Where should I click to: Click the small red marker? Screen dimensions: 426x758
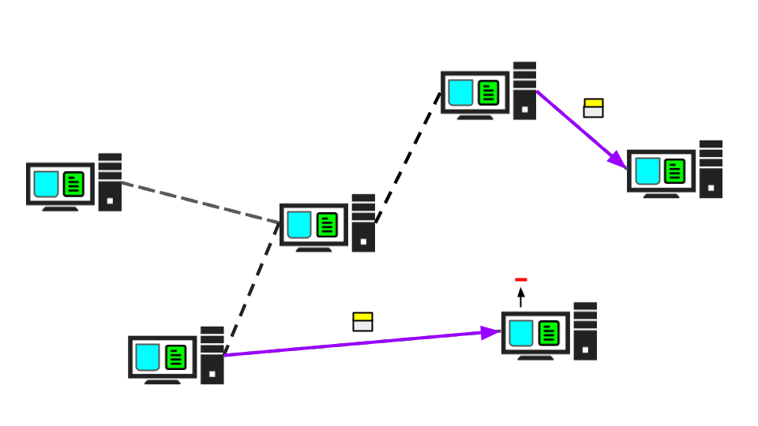(x=521, y=279)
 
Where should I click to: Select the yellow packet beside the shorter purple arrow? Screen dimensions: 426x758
(x=594, y=103)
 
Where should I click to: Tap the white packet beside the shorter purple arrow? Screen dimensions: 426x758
(x=594, y=112)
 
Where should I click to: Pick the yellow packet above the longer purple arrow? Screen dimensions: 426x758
(x=362, y=316)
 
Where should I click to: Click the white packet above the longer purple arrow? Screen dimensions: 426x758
(x=362, y=326)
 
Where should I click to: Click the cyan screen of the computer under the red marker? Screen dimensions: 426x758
(x=521, y=333)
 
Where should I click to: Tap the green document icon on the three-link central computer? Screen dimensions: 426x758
(x=327, y=225)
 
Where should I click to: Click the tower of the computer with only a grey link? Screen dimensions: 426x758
(x=109, y=182)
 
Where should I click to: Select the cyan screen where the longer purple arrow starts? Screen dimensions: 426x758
(x=148, y=357)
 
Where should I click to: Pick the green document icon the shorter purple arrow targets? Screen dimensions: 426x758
(x=674, y=171)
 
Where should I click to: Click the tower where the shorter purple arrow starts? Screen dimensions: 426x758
(x=524, y=91)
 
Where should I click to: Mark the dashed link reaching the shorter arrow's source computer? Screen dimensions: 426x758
(x=408, y=158)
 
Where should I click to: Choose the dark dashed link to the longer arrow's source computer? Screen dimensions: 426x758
(x=252, y=287)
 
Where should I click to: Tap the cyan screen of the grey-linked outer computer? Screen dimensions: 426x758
(x=47, y=184)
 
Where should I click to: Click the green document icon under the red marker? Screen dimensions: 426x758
(x=549, y=333)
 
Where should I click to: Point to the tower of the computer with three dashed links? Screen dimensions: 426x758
(x=363, y=223)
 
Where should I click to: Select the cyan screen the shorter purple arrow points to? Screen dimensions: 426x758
(x=648, y=171)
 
